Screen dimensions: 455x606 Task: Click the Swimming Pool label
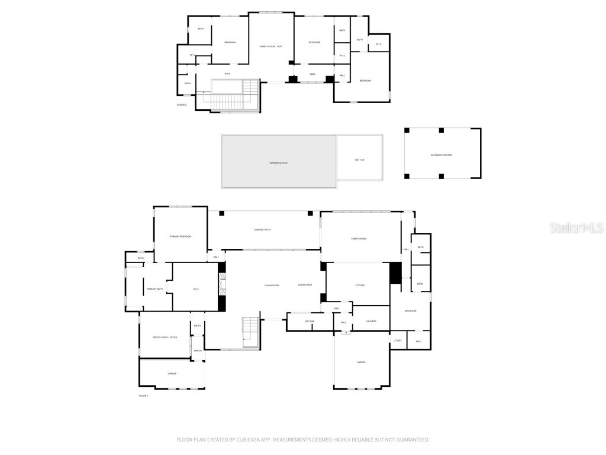coord(278,162)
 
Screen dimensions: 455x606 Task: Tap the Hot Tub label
coord(359,160)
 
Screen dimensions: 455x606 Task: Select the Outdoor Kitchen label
coord(441,155)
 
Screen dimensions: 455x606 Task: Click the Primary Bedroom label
coord(180,236)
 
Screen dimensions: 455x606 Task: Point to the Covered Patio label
coord(262,229)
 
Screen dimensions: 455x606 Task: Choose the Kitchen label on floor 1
coord(360,285)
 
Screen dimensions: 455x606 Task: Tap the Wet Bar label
coord(310,321)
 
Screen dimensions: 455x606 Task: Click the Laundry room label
coord(371,321)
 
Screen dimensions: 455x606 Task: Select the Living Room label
coord(272,285)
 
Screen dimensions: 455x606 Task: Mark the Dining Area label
coord(305,285)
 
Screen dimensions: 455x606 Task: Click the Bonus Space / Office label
coord(165,337)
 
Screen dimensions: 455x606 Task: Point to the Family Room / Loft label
coord(271,46)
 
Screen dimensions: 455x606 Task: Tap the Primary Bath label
coord(154,289)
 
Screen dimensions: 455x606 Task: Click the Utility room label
coord(398,340)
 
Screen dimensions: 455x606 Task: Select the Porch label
coord(198,350)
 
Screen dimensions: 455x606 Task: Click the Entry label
coord(198,325)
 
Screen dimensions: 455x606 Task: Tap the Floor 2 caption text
coord(182,105)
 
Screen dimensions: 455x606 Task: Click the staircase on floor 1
coord(250,332)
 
